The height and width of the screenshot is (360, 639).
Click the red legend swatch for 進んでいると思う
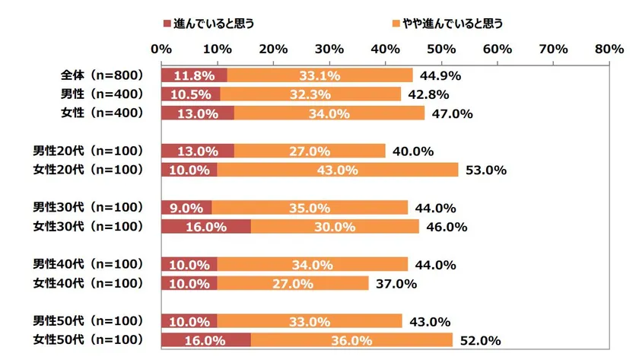167,24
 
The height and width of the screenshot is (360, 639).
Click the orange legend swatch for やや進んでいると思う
396,24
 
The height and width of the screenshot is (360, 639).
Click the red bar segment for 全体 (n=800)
194,75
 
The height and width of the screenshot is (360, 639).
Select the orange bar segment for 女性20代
338,170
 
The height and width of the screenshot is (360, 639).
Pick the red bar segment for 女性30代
205,226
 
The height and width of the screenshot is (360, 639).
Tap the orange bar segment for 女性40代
293,283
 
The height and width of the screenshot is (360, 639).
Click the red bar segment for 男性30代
186,208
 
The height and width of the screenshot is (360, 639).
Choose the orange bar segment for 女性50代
351,339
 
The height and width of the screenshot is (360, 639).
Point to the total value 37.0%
397,284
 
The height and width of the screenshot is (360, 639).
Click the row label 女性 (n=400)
102,113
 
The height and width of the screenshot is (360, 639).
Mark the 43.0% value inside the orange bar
338,170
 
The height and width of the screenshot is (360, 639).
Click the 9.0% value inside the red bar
186,208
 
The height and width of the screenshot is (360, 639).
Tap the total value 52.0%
481,340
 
